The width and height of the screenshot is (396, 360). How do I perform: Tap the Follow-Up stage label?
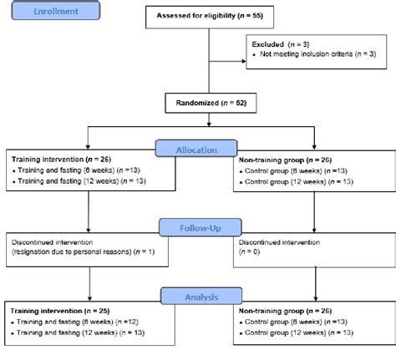[x=197, y=226]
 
